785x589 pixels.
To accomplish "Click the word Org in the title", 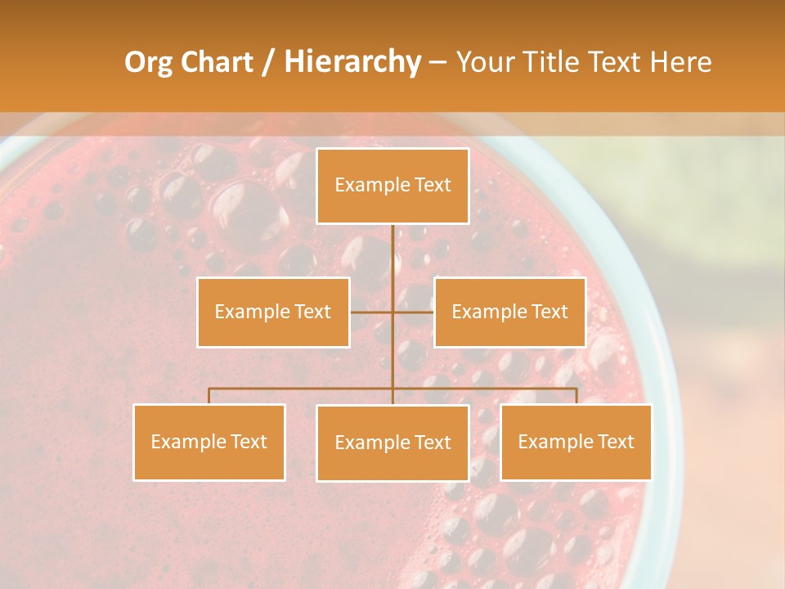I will pyautogui.click(x=148, y=62).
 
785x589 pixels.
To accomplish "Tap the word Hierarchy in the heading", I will pyautogui.click(x=352, y=62).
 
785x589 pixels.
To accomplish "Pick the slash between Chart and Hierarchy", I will pyautogui.click(x=268, y=62).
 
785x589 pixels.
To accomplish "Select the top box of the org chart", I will pyautogui.click(x=392, y=186).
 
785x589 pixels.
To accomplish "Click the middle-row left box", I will pyautogui.click(x=273, y=312).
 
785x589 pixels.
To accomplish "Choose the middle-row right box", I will pyautogui.click(x=509, y=312).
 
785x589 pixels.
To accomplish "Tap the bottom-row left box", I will pyautogui.click(x=209, y=442).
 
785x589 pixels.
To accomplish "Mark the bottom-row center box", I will pyautogui.click(x=392, y=443).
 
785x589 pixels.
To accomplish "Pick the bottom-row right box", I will pyautogui.click(x=576, y=442).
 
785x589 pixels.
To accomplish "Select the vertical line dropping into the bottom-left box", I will pyautogui.click(x=209, y=396).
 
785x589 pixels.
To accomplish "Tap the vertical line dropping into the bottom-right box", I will pyautogui.click(x=576, y=396).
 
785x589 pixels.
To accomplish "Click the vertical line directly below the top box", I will pyautogui.click(x=392, y=254).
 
